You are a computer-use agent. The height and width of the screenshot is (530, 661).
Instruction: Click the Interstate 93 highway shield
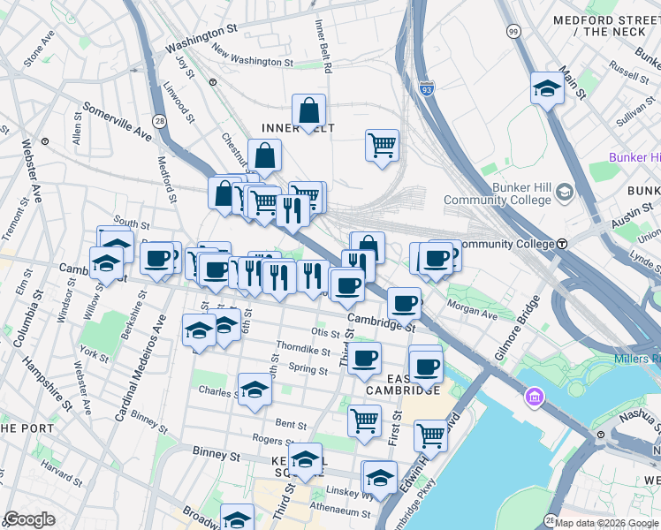428,88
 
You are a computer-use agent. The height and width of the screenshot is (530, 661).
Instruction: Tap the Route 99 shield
513,32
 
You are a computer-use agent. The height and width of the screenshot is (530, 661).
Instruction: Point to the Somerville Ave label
117,121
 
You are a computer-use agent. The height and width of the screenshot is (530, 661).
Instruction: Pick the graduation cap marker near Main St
548,88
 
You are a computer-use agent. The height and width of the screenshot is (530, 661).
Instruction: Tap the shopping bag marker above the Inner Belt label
309,111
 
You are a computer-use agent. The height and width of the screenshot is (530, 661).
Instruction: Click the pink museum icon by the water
534,398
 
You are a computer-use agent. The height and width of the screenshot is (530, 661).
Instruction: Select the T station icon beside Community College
561,244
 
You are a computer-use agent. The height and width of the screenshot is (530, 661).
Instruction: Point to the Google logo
29,519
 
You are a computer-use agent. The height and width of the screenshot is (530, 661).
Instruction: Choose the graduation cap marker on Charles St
255,389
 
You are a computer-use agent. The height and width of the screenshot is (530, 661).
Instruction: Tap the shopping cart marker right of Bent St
364,420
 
